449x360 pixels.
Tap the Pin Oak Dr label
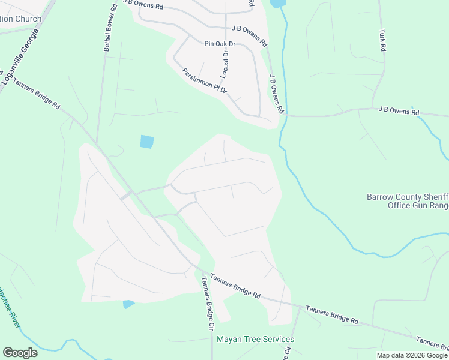[x=220, y=44]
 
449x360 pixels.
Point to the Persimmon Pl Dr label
[x=205, y=80]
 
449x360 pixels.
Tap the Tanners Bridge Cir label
[x=208, y=304]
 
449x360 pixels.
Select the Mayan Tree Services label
[x=255, y=339]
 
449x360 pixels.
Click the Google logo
[x=20, y=353]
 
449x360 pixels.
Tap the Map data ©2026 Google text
[x=412, y=355]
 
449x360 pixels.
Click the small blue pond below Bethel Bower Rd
[x=146, y=142]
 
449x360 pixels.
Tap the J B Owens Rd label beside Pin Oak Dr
[x=250, y=36]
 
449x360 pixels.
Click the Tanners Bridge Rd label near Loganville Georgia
[x=37, y=94]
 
